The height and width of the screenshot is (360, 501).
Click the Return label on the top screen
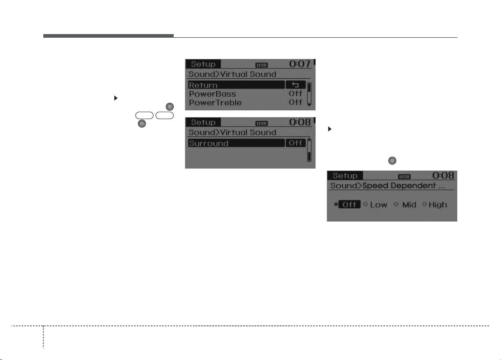pyautogui.click(x=203, y=85)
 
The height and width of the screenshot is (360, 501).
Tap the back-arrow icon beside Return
pyautogui.click(x=296, y=85)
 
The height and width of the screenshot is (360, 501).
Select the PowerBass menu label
pyautogui.click(x=212, y=94)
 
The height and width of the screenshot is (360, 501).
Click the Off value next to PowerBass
pyautogui.click(x=295, y=94)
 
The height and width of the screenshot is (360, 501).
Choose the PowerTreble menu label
pyautogui.click(x=215, y=103)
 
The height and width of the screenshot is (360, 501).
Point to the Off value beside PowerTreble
pyautogui.click(x=295, y=102)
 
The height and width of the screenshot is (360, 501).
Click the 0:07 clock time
pyautogui.click(x=300, y=64)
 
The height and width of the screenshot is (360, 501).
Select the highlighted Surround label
pyautogui.click(x=209, y=143)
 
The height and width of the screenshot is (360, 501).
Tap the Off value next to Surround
pyautogui.click(x=296, y=143)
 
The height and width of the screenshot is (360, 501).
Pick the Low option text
pyautogui.click(x=378, y=205)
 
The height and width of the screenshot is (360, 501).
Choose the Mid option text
pyautogui.click(x=409, y=205)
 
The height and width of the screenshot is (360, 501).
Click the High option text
pyautogui.click(x=438, y=205)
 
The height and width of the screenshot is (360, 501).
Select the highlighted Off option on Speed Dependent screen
pyautogui.click(x=349, y=205)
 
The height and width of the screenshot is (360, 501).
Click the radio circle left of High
pyautogui.click(x=424, y=204)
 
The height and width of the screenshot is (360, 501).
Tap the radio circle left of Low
pyautogui.click(x=365, y=204)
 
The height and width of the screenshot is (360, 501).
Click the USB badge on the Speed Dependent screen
pyautogui.click(x=404, y=177)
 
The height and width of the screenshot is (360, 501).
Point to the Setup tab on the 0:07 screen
pyautogui.click(x=203, y=64)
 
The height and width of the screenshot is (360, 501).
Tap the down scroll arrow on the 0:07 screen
pyautogui.click(x=309, y=105)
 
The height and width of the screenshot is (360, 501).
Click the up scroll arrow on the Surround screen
pyautogui.click(x=309, y=139)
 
